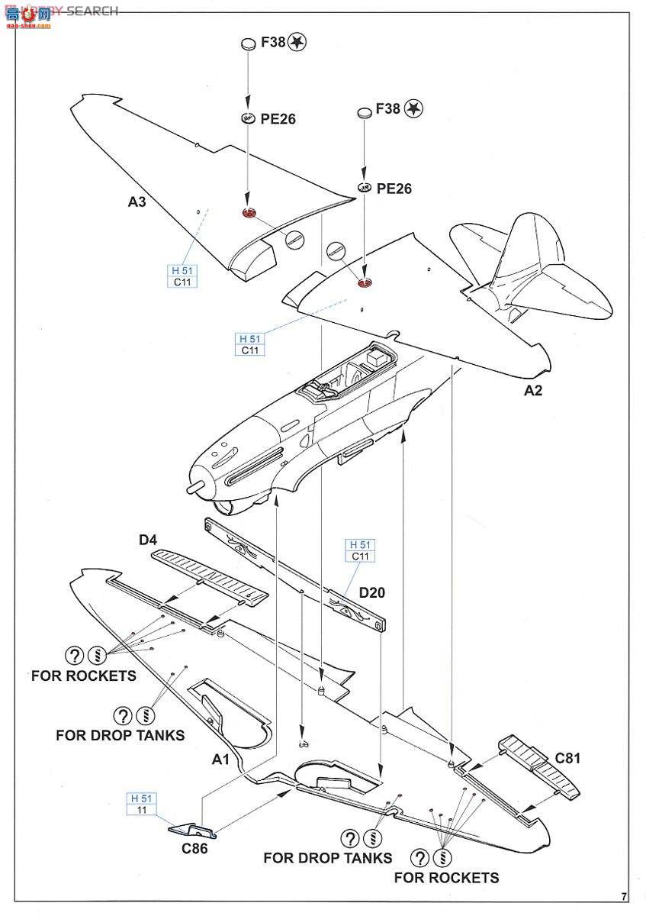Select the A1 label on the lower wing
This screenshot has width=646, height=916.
point(221,760)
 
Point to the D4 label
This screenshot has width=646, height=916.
point(148,540)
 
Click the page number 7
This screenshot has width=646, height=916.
point(624,895)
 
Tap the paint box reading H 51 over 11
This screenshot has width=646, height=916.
point(142,804)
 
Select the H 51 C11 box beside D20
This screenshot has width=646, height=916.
point(360,550)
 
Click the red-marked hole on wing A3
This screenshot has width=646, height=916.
point(249,214)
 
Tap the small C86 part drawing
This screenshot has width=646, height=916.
point(191,830)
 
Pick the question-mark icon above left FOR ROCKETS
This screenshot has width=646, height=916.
point(74,655)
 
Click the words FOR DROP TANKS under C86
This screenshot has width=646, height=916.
point(328,857)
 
